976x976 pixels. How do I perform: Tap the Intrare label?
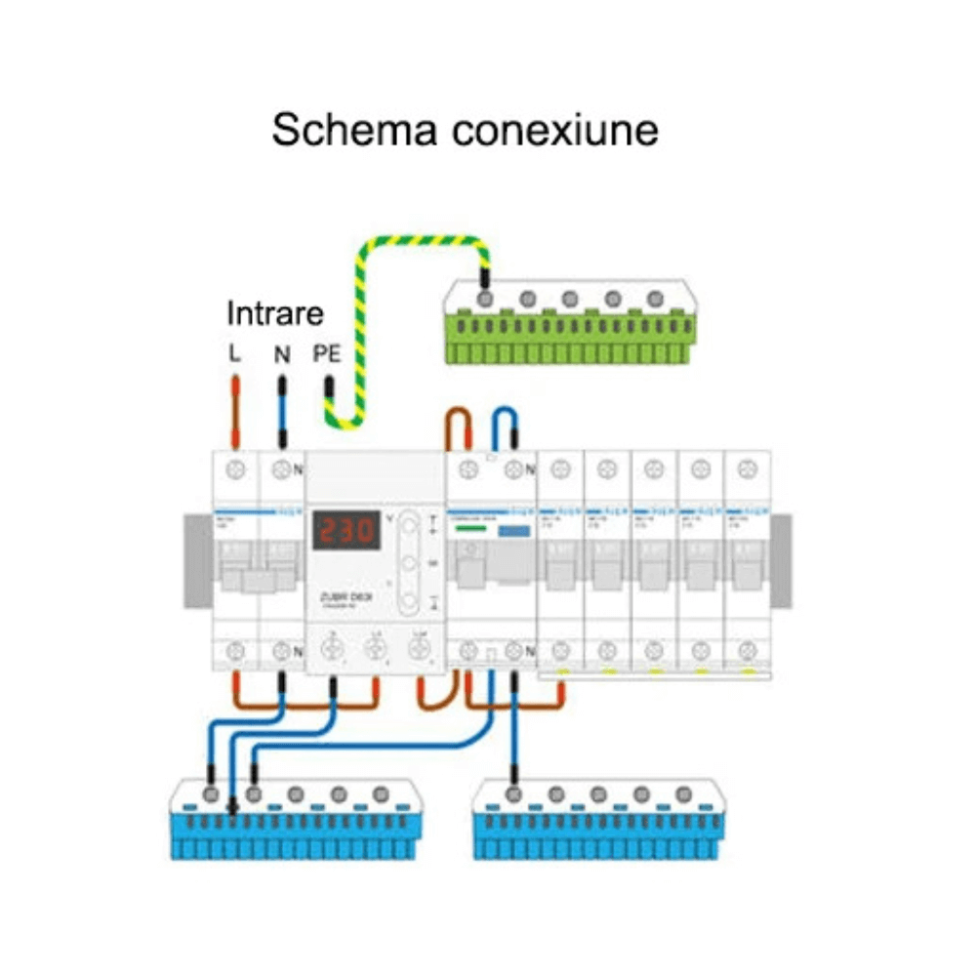click(274, 314)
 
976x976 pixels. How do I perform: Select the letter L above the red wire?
click(234, 353)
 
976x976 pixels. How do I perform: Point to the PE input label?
click(327, 353)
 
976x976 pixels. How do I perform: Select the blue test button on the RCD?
click(513, 532)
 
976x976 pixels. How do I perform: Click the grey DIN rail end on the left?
click(198, 561)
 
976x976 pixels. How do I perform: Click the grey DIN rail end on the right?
click(780, 561)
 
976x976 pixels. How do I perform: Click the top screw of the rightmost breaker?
click(748, 469)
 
